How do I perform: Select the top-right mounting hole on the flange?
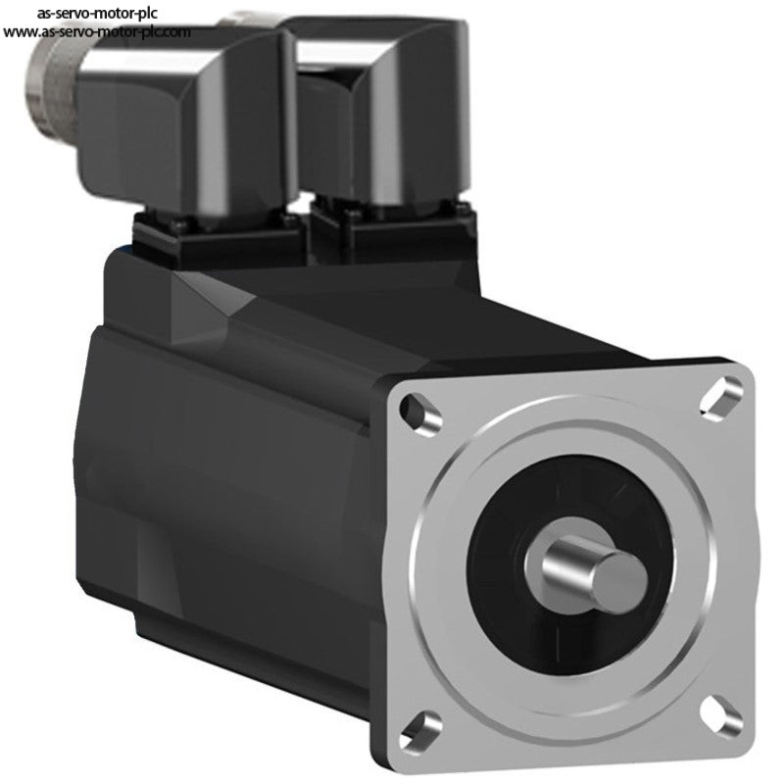[721, 395]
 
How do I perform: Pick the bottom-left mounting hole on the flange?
[421, 730]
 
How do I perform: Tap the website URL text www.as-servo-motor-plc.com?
[96, 32]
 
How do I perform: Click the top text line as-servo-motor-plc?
[97, 13]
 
